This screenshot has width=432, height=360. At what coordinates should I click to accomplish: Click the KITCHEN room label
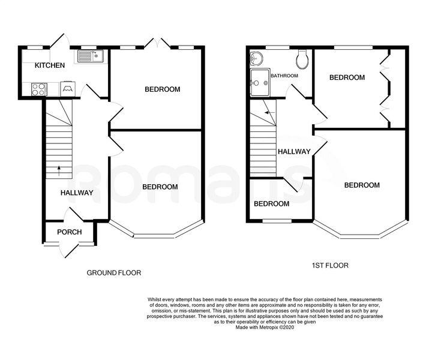click(50, 65)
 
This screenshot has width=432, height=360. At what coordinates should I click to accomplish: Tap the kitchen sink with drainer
click(90, 56)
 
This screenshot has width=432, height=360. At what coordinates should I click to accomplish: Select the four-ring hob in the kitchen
click(38, 89)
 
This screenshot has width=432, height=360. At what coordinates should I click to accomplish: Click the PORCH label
click(70, 232)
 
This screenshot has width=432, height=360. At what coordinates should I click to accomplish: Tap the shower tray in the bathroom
click(260, 83)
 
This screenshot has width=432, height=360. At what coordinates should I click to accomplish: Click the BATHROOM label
click(284, 76)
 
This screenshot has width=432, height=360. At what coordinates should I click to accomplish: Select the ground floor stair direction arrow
click(59, 171)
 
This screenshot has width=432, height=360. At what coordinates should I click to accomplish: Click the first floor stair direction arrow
click(270, 113)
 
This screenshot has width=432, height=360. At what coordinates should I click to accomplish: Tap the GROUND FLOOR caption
click(114, 272)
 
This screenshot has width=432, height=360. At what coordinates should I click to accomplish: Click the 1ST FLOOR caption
click(330, 265)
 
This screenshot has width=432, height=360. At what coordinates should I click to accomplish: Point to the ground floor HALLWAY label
click(77, 193)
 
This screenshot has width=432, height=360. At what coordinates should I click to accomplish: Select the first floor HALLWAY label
click(294, 151)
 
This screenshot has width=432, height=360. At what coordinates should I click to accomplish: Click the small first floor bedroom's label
click(271, 204)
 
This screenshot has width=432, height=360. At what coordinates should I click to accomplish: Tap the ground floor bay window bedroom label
click(160, 187)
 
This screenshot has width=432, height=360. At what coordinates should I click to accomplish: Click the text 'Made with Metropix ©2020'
click(265, 328)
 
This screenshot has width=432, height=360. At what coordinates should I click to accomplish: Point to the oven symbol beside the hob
click(67, 88)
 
